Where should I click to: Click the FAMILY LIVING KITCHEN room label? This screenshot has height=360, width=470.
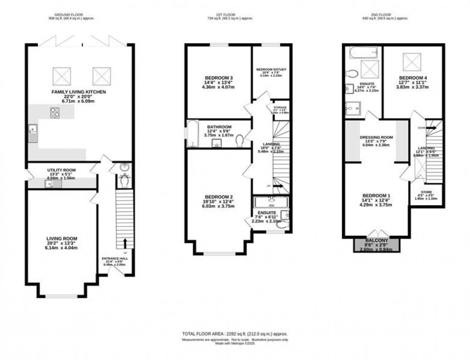pyautogui.click(x=79, y=92)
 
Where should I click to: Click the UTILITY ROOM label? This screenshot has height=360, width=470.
pyautogui.click(x=62, y=170)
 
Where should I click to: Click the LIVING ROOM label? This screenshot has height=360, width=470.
pyautogui.click(x=62, y=238)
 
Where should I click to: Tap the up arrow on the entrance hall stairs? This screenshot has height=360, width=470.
pyautogui.click(x=125, y=243)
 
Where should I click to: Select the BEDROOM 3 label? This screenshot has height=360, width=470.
pyautogui.click(x=219, y=78)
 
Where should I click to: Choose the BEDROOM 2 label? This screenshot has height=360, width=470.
pyautogui.click(x=219, y=197)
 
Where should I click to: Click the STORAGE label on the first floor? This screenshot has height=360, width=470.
pyautogui.click(x=280, y=108)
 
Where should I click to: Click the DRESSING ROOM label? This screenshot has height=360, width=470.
pyautogui.click(x=376, y=137)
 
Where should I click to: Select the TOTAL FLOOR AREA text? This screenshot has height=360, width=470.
pyautogui.click(x=235, y=334)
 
